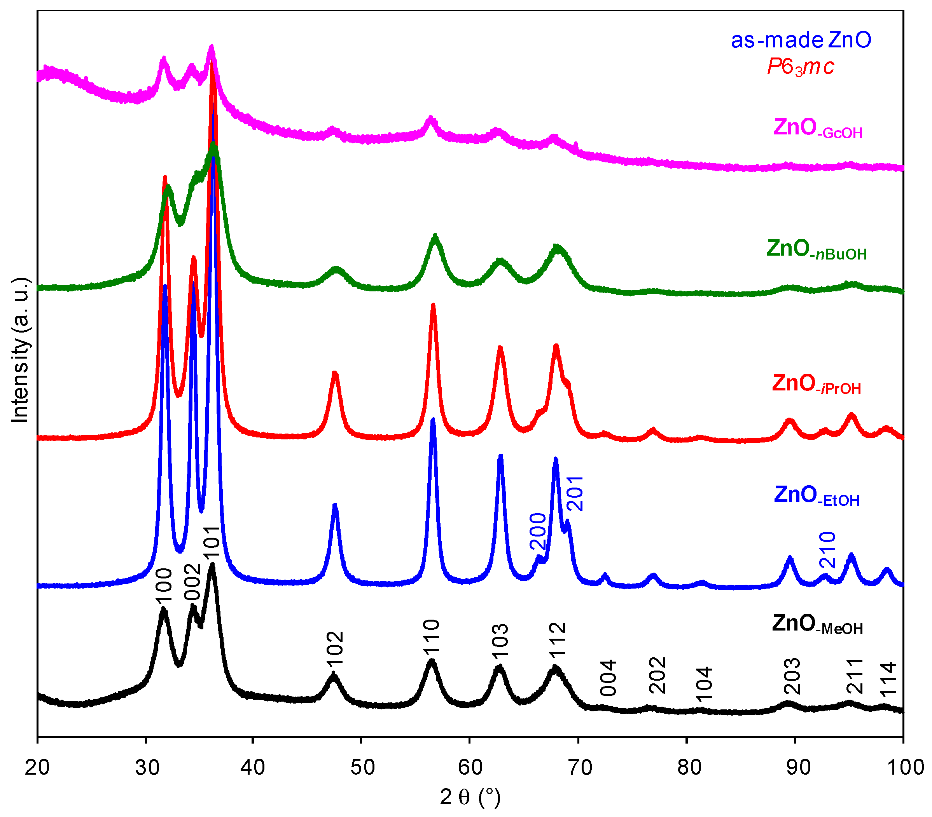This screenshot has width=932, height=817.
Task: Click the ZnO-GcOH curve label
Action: (818, 129)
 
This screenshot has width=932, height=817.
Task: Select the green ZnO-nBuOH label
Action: (816, 250)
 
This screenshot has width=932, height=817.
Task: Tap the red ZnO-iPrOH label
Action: (816, 384)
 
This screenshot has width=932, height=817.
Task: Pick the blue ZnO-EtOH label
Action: (816, 496)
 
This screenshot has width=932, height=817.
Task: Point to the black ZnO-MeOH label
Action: (817, 624)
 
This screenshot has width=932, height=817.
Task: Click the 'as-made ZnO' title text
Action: (801, 40)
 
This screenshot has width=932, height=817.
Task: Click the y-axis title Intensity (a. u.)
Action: (20, 350)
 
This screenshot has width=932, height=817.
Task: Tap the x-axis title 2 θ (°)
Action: (470, 797)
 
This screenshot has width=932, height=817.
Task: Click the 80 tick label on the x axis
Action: (689, 767)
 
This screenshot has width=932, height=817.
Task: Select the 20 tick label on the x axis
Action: (37, 767)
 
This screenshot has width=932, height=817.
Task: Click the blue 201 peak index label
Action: (575, 493)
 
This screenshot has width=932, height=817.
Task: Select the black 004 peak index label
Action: (608, 678)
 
